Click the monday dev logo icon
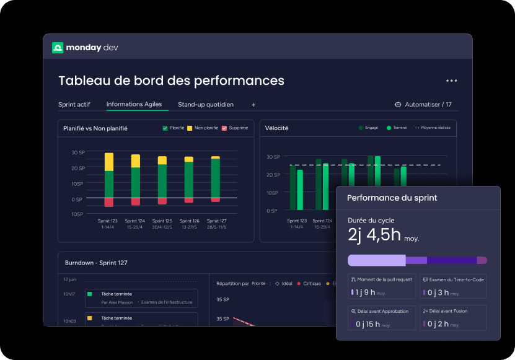[x=58, y=48]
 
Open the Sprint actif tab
[x=74, y=105]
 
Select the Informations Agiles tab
[x=134, y=104]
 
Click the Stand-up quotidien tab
[x=206, y=105]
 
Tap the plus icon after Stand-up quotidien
[x=253, y=105]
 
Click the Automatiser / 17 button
[x=423, y=105]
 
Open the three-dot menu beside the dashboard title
[x=451, y=81]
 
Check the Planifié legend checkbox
[x=165, y=128]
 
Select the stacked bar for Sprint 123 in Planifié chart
[x=109, y=180]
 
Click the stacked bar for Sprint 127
[x=216, y=179]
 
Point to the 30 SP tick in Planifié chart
[x=78, y=152]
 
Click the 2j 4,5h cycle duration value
[x=374, y=235]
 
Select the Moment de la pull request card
[x=381, y=286]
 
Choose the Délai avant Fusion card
[x=452, y=317]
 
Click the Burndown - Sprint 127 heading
[x=96, y=263]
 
